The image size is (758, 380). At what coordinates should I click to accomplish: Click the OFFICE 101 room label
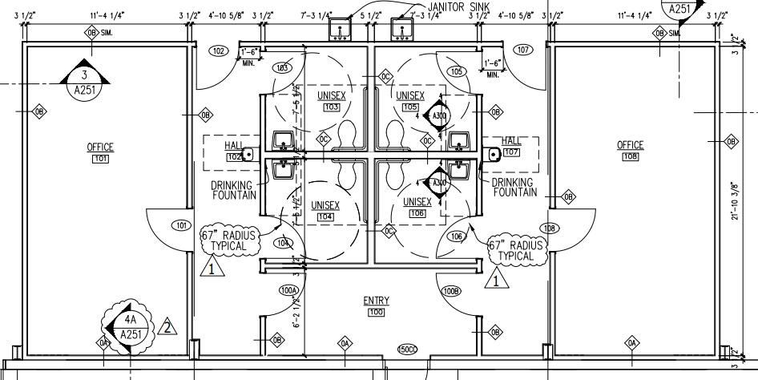[100, 152]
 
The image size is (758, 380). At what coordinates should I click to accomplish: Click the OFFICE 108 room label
[630, 151]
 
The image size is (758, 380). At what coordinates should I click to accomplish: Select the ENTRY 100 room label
[376, 305]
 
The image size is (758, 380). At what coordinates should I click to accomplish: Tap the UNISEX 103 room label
[330, 100]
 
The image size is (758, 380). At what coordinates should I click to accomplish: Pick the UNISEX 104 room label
[325, 210]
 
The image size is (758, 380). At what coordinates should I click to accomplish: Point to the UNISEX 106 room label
[417, 207]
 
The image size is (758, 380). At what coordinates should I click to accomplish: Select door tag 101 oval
[182, 225]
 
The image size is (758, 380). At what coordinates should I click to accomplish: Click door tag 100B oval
[450, 290]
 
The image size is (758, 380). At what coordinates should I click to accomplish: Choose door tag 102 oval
[218, 51]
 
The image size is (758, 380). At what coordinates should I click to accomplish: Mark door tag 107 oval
[523, 51]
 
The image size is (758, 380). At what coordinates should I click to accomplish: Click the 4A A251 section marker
[128, 327]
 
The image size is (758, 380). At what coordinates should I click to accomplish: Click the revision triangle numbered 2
[167, 326]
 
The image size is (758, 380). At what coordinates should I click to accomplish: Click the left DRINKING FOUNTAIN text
[234, 189]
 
